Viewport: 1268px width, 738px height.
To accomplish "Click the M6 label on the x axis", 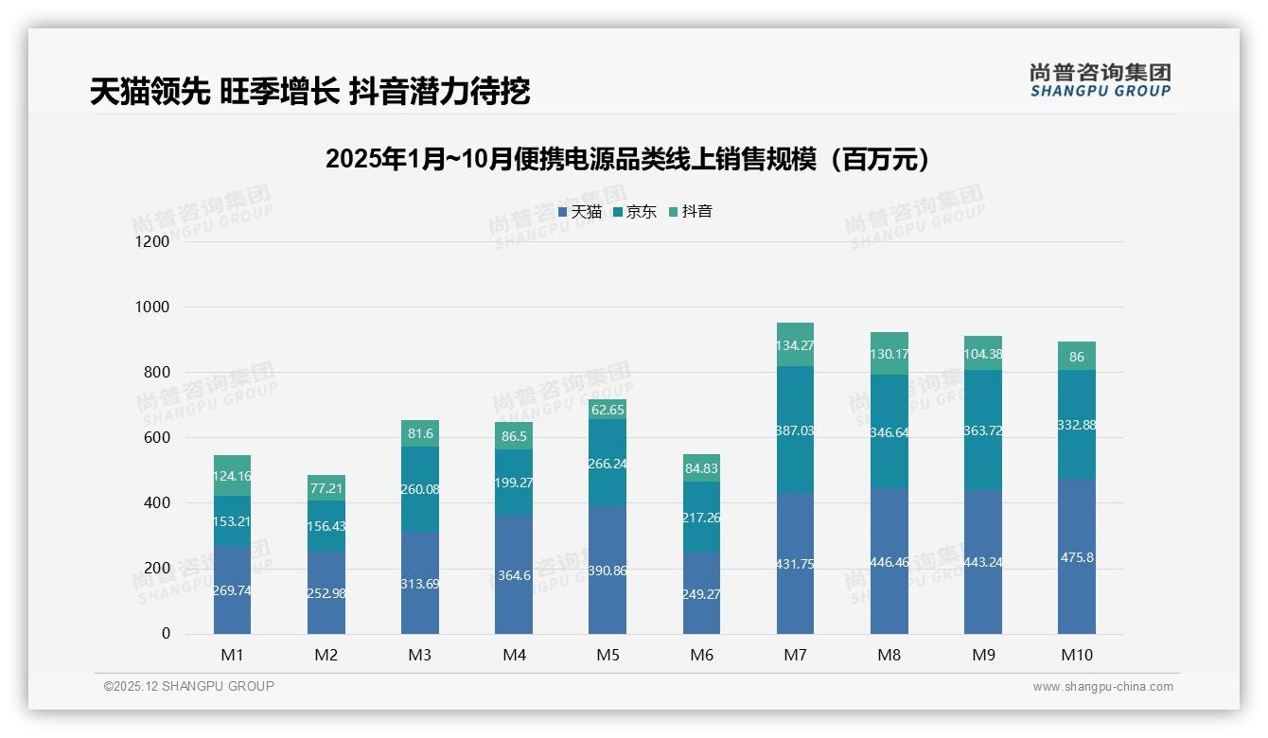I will coord(701,655).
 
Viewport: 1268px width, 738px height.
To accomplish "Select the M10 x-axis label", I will coord(1077,655).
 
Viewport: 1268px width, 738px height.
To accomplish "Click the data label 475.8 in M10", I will coord(1077,558).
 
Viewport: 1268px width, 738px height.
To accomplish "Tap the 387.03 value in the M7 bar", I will coord(795,430).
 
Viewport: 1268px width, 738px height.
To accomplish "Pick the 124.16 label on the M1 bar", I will coord(232,477).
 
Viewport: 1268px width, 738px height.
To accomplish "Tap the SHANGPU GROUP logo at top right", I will coord(1100,80).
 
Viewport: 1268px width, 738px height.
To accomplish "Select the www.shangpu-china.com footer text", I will coord(1102,687).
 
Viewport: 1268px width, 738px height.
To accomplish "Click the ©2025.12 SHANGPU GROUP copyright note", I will coord(189,687).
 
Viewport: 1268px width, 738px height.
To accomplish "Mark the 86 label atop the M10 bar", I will coord(1077,358).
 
